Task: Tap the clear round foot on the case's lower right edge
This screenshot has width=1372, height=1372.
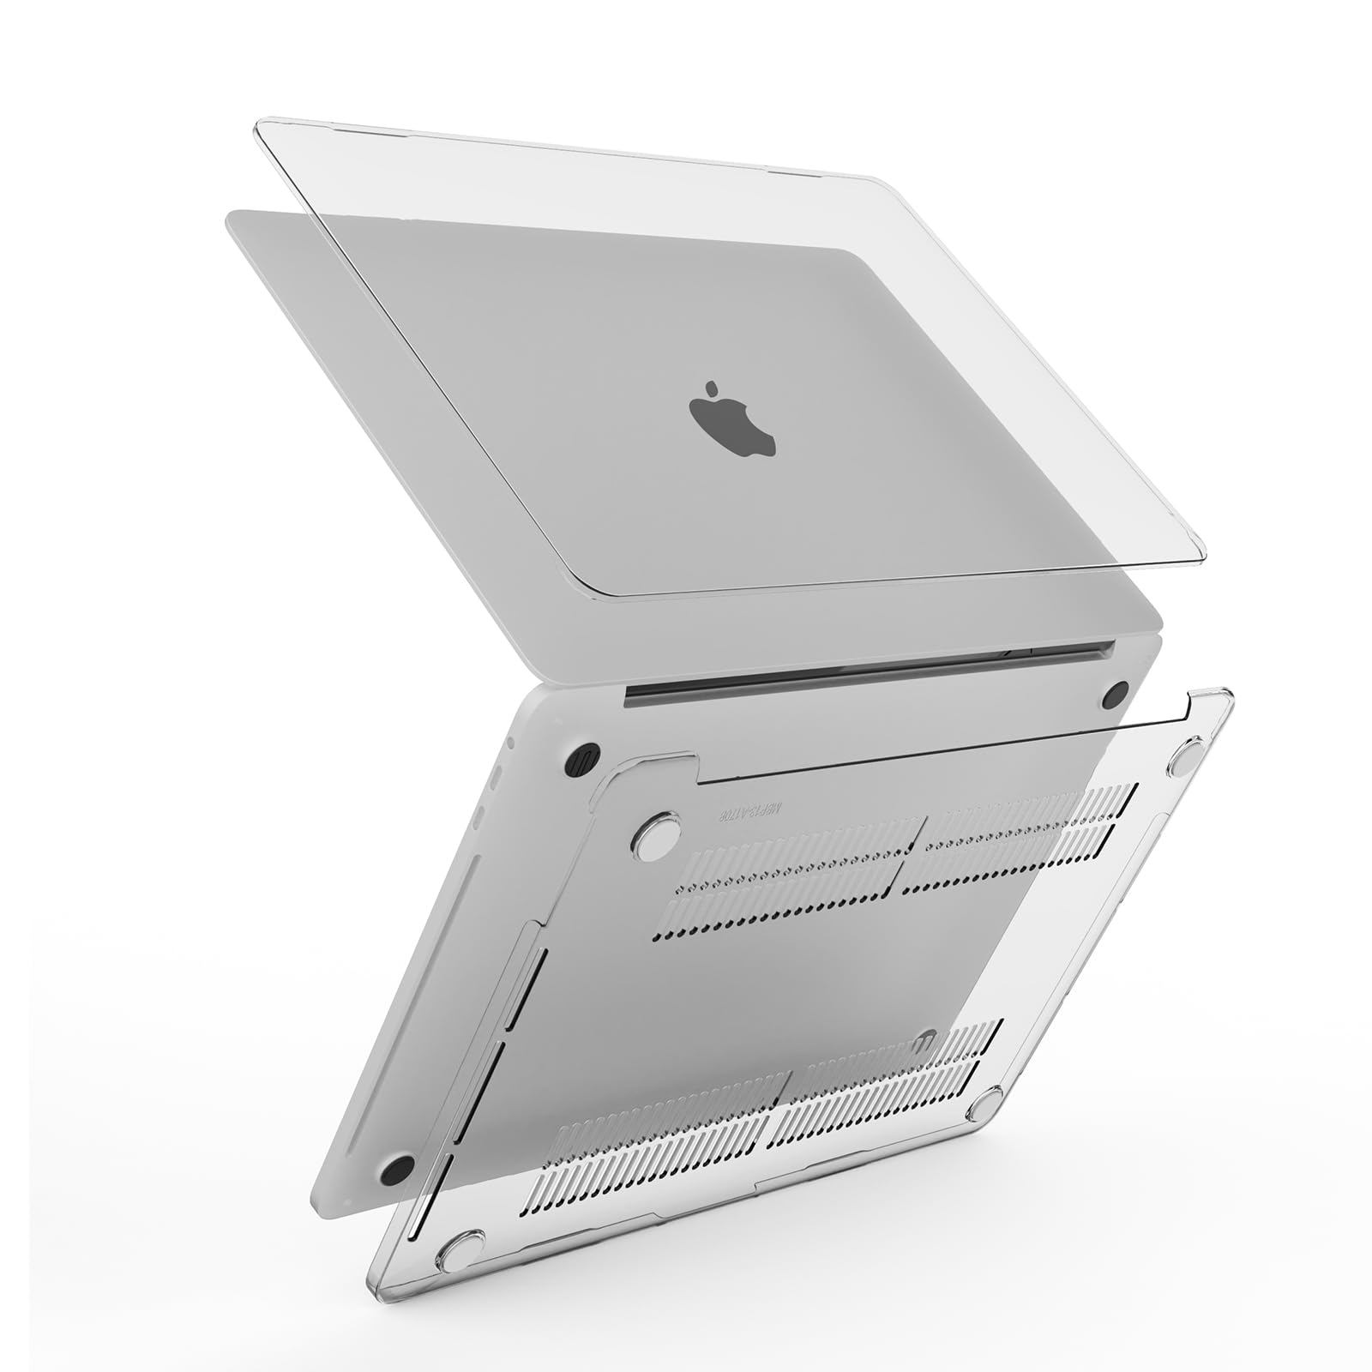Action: pyautogui.click(x=983, y=1105)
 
